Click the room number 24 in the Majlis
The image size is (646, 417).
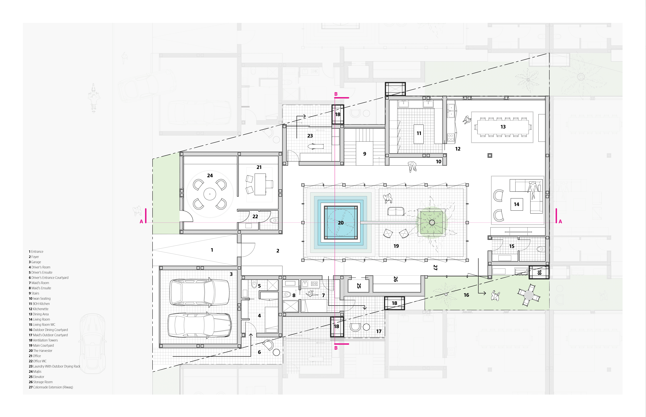(210, 176)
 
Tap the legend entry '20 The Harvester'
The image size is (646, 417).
(41, 351)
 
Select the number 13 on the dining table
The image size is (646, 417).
(503, 127)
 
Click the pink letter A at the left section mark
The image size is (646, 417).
(141, 222)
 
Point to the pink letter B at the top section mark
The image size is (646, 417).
(336, 94)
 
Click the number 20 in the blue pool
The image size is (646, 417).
(341, 223)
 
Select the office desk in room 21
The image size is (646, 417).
(260, 184)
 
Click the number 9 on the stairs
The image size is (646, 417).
(365, 154)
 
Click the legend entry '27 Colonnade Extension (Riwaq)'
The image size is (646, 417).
(51, 387)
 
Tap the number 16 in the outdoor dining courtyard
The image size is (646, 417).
(466, 295)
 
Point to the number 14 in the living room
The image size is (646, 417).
(516, 204)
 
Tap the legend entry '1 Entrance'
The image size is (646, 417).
(36, 252)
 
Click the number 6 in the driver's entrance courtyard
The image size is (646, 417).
(259, 352)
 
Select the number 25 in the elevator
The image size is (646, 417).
(359, 286)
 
